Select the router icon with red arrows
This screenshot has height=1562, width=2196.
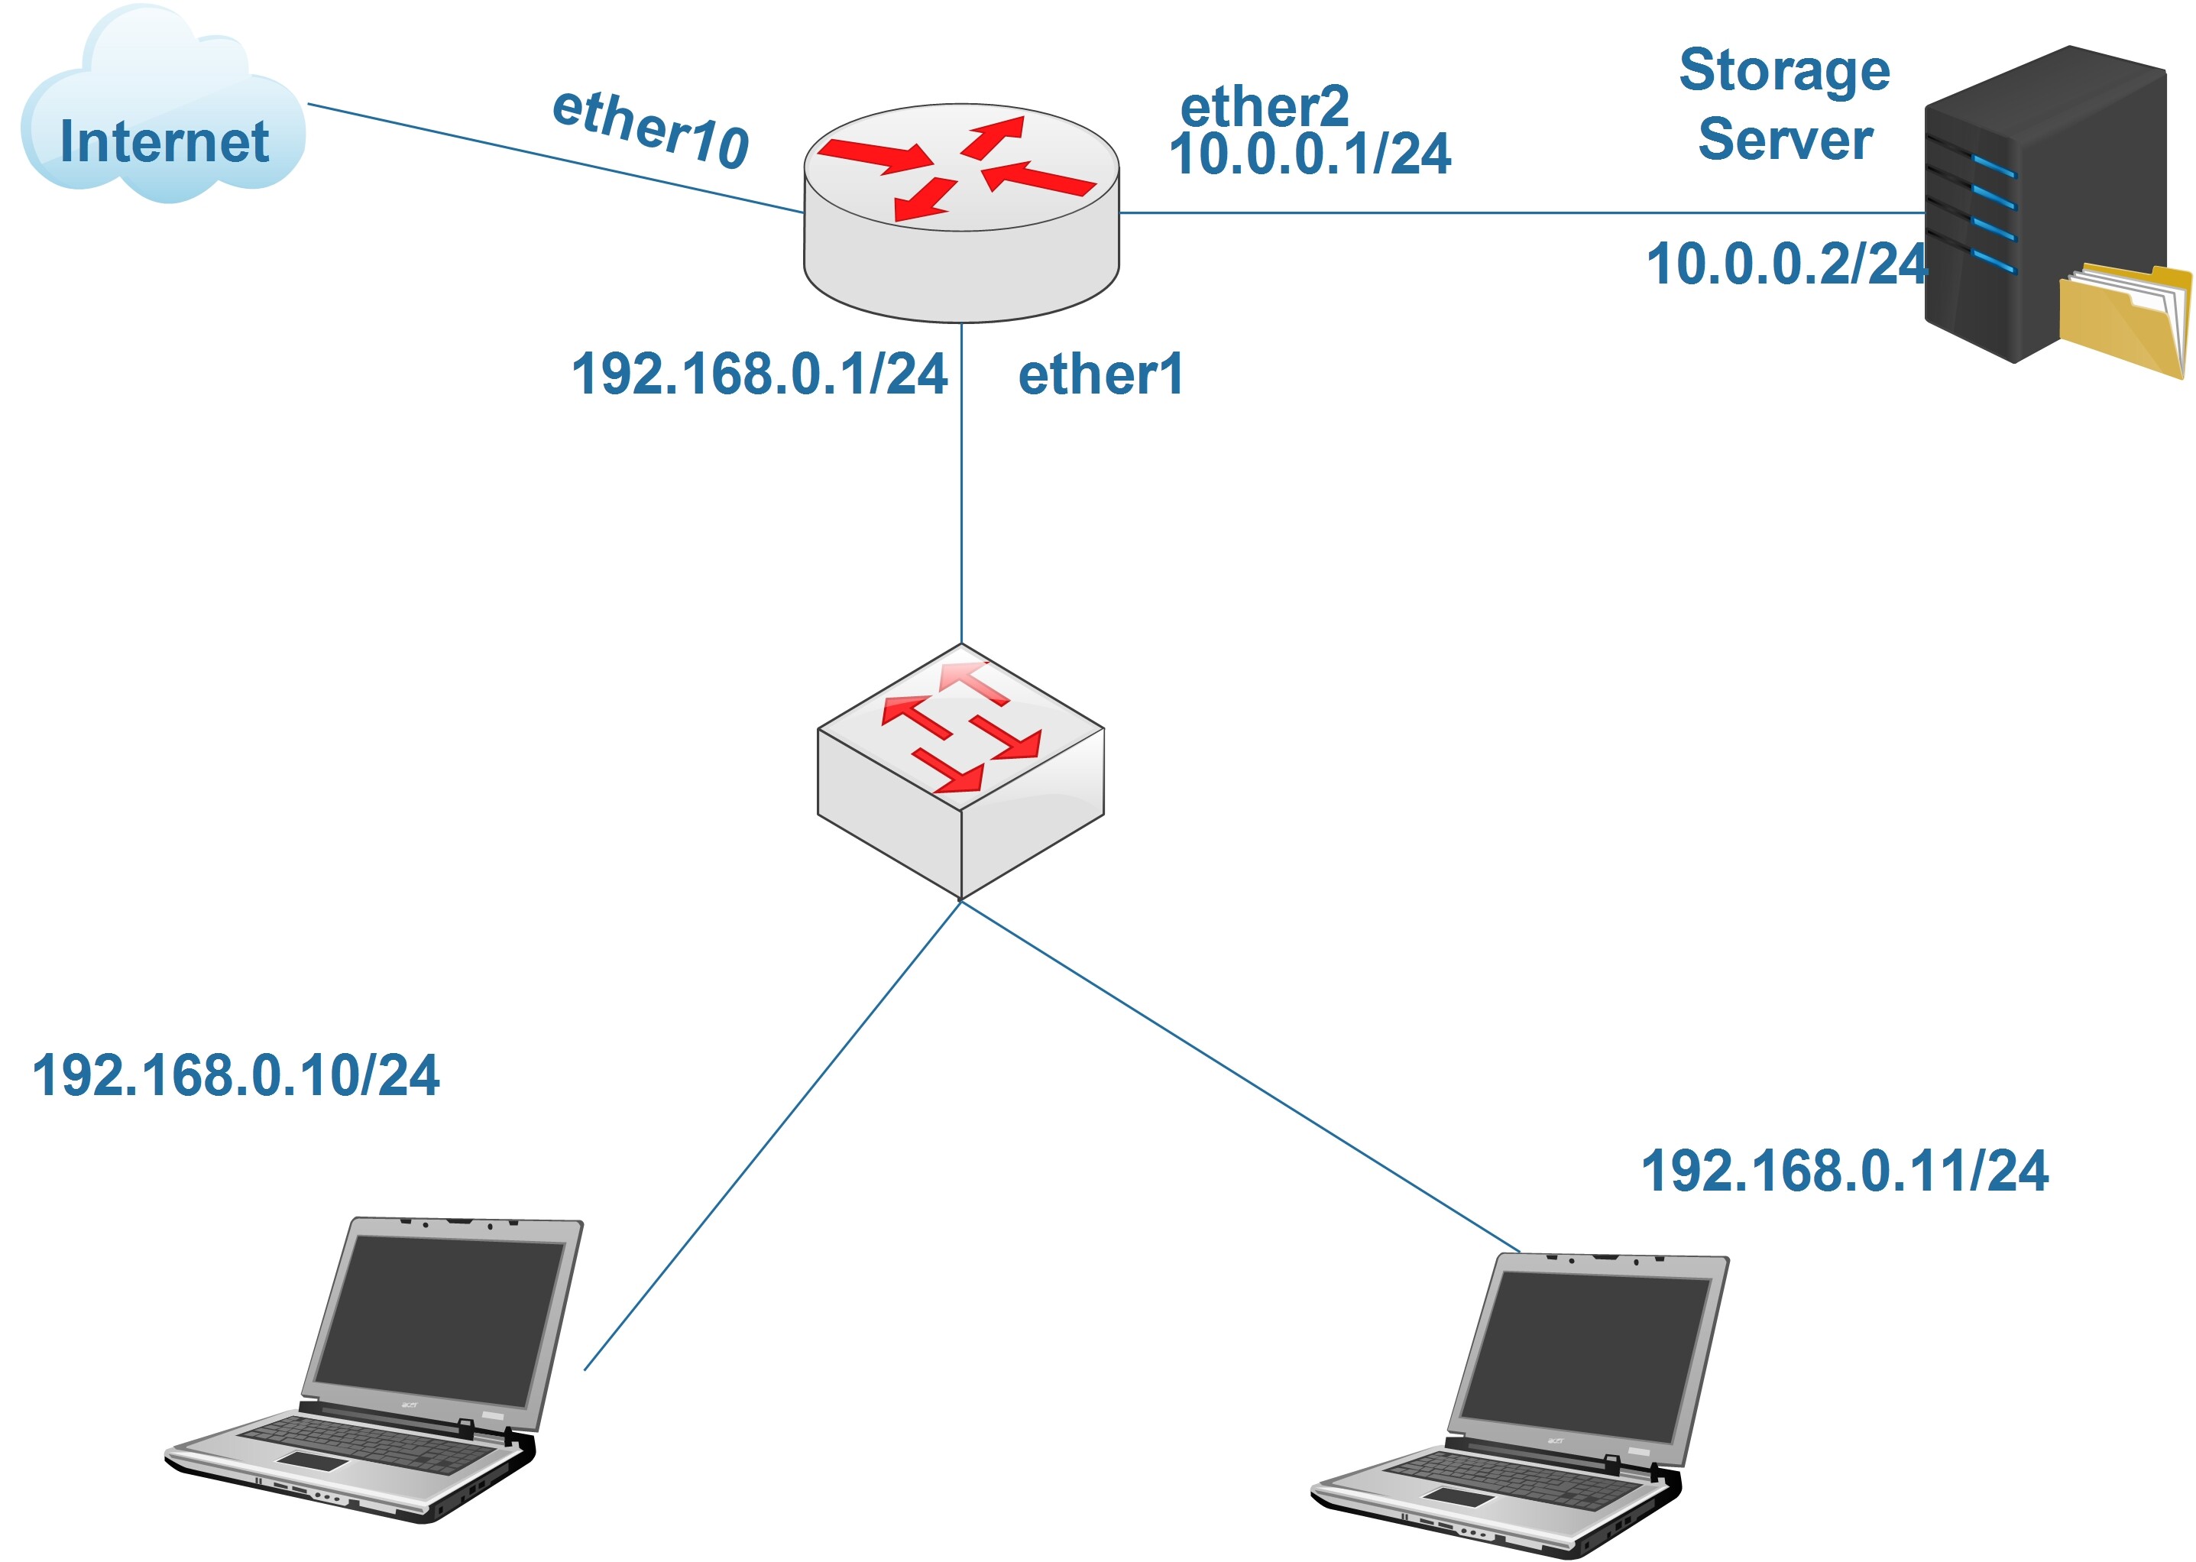point(960,212)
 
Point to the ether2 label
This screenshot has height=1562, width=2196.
point(1265,105)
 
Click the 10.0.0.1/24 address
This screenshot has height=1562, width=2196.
point(1310,154)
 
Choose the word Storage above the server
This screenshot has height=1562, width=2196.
point(1783,71)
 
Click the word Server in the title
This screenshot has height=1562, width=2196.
point(1784,139)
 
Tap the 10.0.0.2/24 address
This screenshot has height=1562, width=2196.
point(1786,264)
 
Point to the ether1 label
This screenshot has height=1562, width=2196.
point(1100,374)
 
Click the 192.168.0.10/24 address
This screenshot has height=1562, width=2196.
point(235,1075)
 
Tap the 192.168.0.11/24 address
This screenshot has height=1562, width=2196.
point(1844,1171)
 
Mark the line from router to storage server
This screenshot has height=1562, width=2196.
point(1519,212)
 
